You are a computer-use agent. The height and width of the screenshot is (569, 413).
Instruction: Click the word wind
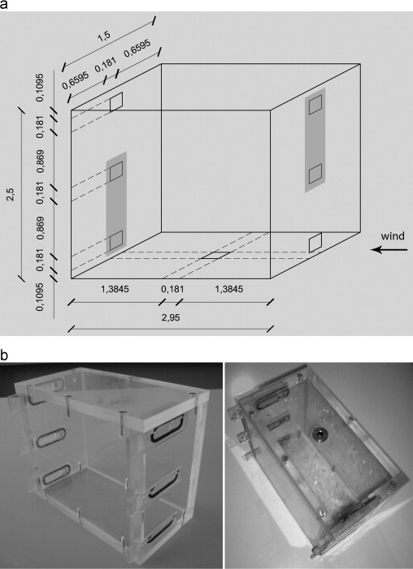click(x=393, y=236)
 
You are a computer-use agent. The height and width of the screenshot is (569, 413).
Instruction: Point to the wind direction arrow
click(x=389, y=250)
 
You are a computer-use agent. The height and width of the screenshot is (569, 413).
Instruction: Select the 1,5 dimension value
click(x=104, y=37)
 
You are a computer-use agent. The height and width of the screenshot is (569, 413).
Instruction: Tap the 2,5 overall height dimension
click(x=12, y=192)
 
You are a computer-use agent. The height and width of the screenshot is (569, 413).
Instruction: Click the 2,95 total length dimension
click(x=171, y=318)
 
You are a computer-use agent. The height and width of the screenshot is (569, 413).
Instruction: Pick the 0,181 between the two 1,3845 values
click(x=172, y=289)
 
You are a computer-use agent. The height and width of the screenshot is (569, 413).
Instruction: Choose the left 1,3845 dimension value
click(x=115, y=289)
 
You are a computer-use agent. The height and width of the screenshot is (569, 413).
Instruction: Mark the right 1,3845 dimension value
click(x=229, y=289)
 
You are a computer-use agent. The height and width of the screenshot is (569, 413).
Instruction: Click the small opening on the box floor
click(x=216, y=256)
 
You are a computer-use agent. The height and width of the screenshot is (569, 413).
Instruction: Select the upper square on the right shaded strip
click(x=315, y=105)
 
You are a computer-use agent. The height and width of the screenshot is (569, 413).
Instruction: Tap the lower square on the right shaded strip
click(x=315, y=174)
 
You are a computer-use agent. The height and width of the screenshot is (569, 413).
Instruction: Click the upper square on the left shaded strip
click(x=116, y=171)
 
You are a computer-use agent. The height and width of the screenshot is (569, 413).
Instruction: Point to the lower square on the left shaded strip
click(x=116, y=240)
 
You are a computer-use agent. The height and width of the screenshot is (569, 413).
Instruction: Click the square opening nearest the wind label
click(x=315, y=244)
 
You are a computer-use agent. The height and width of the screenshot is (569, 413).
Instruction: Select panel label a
click(x=3, y=5)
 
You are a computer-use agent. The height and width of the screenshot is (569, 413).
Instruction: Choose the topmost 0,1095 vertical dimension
click(x=41, y=87)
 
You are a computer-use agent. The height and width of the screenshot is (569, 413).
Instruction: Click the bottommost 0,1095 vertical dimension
click(x=41, y=296)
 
